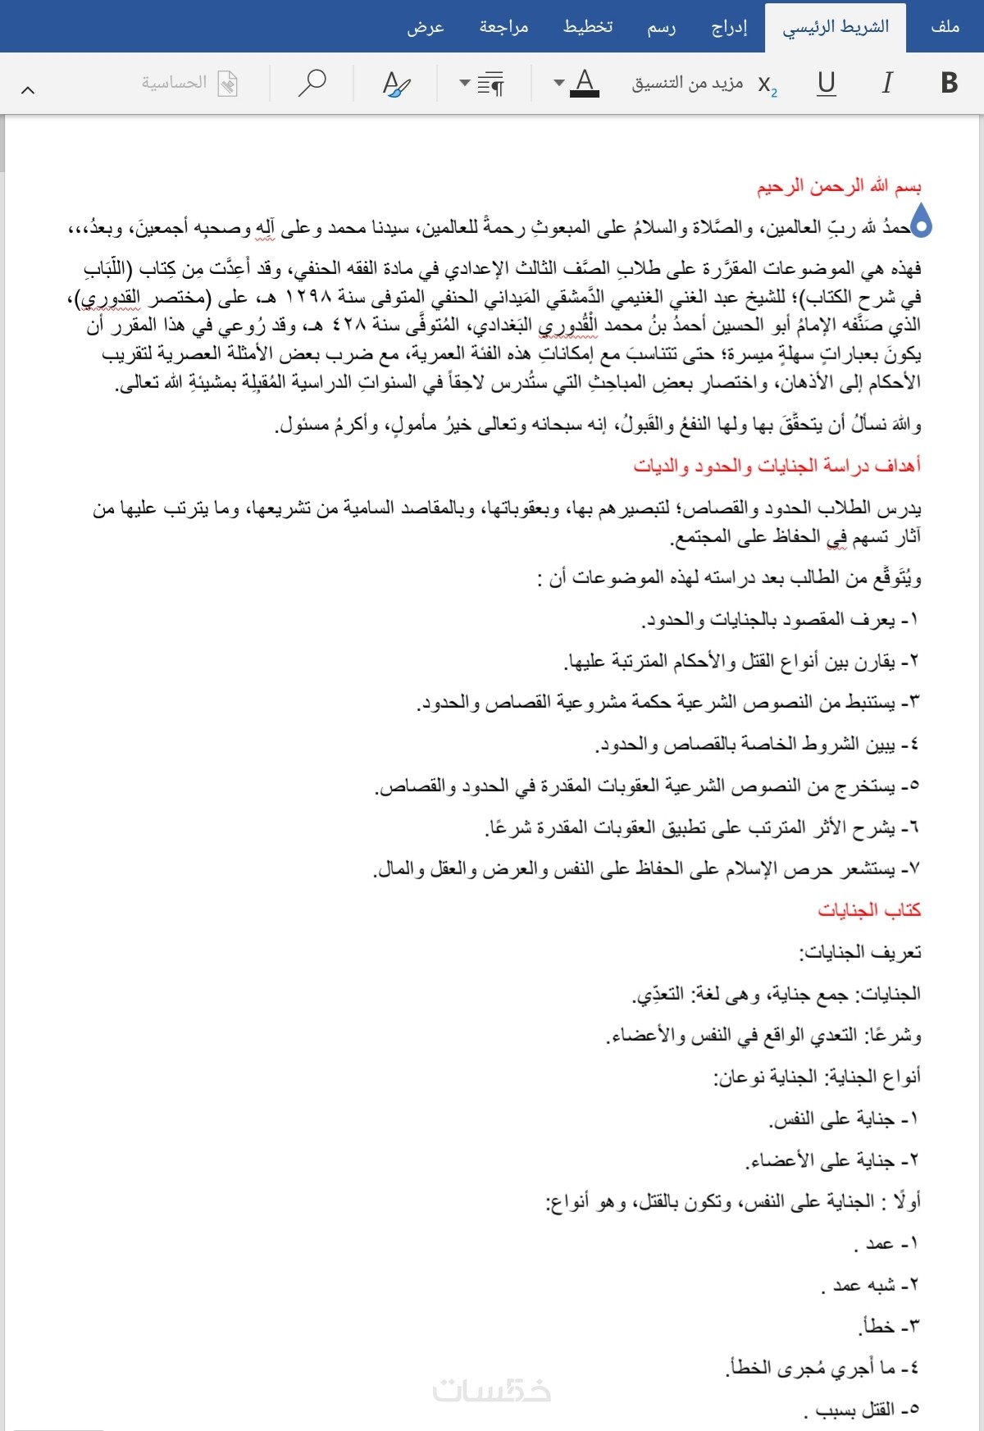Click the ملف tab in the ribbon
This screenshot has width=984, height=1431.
click(x=945, y=27)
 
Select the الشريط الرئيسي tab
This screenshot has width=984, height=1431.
click(x=836, y=27)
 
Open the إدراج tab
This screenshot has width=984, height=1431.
click(x=729, y=27)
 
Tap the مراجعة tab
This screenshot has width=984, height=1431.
click(x=503, y=27)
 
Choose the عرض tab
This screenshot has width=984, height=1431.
click(x=426, y=27)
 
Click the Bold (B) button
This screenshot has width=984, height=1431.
click(x=949, y=83)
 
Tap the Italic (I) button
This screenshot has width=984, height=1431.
click(x=886, y=83)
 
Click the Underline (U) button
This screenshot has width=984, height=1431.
click(x=827, y=83)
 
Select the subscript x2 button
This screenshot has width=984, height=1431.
click(x=768, y=84)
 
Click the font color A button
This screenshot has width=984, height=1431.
click(x=584, y=83)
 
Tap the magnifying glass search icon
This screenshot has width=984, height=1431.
click(x=312, y=83)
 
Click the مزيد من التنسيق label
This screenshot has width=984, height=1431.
click(x=687, y=83)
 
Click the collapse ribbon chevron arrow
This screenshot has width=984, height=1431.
click(x=28, y=90)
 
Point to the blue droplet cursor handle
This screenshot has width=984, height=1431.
click(x=922, y=221)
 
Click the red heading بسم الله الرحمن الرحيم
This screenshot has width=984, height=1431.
click(x=838, y=187)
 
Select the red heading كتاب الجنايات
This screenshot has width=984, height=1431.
click(x=869, y=910)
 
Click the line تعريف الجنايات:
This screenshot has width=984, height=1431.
click(x=860, y=952)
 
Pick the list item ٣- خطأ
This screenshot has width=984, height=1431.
click(x=891, y=1326)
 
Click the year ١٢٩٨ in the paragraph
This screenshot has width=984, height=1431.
click(x=308, y=297)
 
